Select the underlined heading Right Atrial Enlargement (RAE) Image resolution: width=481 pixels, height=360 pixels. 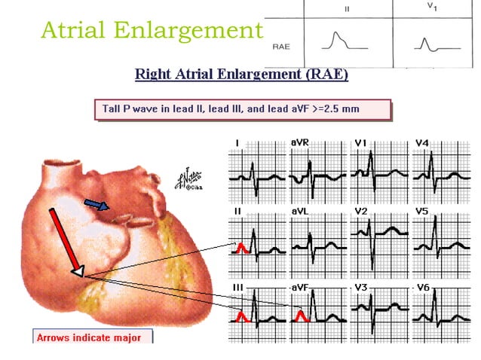(x=241, y=75)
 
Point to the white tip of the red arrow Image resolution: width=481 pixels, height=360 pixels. (x=77, y=270)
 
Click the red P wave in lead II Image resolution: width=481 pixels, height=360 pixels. (x=241, y=246)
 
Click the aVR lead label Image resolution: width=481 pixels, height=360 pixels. (x=299, y=142)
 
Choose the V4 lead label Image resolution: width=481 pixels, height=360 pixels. (x=421, y=142)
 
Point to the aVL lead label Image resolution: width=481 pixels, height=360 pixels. (x=299, y=212)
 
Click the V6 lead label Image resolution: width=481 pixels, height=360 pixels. (x=421, y=288)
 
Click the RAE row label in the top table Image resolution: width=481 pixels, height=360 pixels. (x=282, y=45)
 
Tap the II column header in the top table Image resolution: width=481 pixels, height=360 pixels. (x=347, y=10)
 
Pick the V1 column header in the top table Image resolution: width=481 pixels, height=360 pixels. (x=430, y=7)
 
